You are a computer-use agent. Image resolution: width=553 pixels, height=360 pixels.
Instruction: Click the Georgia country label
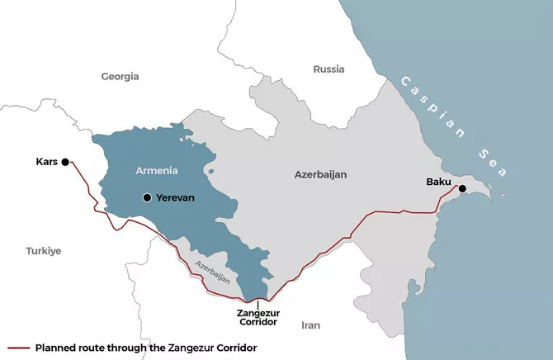[120, 76]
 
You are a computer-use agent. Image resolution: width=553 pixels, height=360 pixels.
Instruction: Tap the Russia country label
[328, 69]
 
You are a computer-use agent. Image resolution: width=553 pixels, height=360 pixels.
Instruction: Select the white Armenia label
[156, 170]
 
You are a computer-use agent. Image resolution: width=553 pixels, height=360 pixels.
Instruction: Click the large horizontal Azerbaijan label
[320, 175]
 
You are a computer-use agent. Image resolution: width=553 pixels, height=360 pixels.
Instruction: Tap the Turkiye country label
[43, 250]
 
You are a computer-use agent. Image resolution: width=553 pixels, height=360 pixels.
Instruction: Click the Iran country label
[311, 324]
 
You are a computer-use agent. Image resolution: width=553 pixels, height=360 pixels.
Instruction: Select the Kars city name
[47, 161]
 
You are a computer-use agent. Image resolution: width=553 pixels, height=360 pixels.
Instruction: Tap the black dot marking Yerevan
[147, 197]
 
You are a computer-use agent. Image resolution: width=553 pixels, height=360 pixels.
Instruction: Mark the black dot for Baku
[462, 189]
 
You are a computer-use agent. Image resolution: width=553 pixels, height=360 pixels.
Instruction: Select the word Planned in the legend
[57, 348]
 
